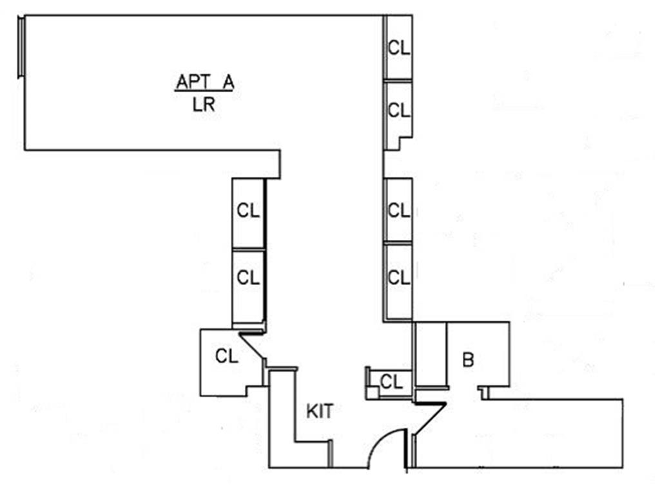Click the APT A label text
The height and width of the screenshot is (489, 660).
[x=204, y=83]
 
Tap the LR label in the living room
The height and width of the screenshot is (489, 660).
[x=204, y=105]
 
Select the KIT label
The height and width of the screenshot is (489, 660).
[x=320, y=411]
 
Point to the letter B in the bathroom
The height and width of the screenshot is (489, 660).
[x=469, y=360]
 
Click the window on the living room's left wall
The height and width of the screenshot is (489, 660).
[x=21, y=48]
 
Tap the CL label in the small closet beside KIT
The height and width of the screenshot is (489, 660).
[x=391, y=381]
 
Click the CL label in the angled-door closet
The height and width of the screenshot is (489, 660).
[x=227, y=355]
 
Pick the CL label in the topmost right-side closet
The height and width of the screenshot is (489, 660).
[x=399, y=48]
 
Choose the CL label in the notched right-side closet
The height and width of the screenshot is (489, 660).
[x=399, y=110]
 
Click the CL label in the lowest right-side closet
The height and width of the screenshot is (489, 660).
[x=399, y=277]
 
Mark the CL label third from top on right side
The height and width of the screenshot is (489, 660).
[x=399, y=210]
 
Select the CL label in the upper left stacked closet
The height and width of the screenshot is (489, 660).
[x=248, y=210]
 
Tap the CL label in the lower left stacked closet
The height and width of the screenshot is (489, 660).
[x=248, y=277]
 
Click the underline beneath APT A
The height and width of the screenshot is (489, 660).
[x=204, y=92]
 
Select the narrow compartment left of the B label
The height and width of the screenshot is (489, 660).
[x=430, y=355]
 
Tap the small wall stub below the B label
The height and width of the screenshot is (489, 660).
[x=484, y=392]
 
